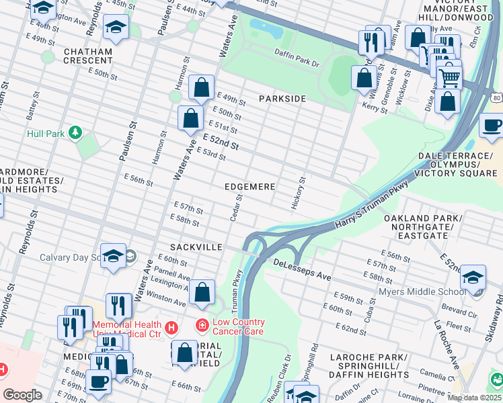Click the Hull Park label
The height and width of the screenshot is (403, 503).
pyautogui.click(x=46, y=134)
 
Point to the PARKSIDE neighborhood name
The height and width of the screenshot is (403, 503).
pyautogui.click(x=282, y=99)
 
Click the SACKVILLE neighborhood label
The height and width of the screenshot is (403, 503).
pyautogui.click(x=196, y=247)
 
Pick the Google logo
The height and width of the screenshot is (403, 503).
pyautogui.click(x=22, y=395)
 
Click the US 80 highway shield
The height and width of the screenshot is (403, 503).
pyautogui.click(x=496, y=98)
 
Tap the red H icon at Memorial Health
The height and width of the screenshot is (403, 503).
pyautogui.click(x=171, y=327)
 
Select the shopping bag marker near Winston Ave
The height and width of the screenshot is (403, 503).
pyautogui.click(x=202, y=292)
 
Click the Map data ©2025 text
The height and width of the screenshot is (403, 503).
pyautogui.click(x=474, y=398)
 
